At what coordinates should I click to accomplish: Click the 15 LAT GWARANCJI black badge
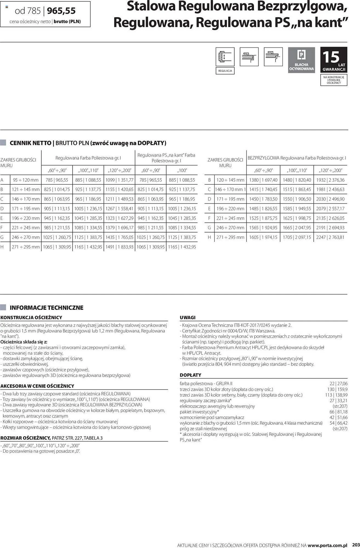click(x=334, y=60)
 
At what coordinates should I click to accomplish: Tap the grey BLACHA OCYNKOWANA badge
click(x=301, y=60)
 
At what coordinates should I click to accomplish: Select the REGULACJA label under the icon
click(x=225, y=71)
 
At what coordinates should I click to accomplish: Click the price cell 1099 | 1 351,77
click(x=120, y=180)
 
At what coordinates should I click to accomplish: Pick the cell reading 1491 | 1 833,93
click(x=120, y=247)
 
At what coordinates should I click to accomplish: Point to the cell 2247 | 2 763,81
click(x=330, y=237)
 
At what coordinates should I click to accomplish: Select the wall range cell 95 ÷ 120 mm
click(x=26, y=180)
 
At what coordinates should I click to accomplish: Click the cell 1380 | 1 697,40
click(x=263, y=180)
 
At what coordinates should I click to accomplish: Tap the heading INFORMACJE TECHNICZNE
click(x=46, y=308)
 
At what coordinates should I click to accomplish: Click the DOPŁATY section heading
click(x=191, y=375)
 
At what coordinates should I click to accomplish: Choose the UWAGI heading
click(x=188, y=318)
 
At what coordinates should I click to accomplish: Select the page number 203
click(x=356, y=545)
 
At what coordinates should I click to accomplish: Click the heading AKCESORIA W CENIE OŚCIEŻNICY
click(x=37, y=386)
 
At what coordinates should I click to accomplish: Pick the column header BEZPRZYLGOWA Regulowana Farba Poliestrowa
click(x=297, y=158)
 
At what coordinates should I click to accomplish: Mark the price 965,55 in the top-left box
click(x=61, y=11)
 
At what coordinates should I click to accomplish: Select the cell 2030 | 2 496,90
click(x=330, y=199)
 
